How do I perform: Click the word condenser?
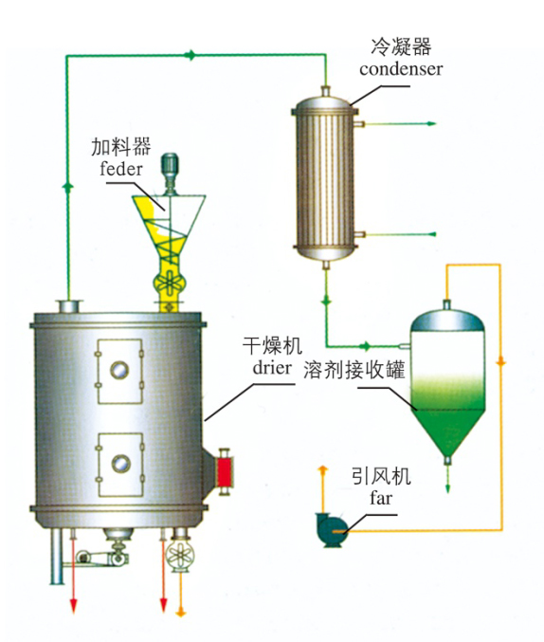[401, 69]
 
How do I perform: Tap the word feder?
[121, 169]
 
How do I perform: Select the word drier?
[272, 367]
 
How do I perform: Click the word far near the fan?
[381, 498]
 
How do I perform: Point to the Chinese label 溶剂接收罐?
[354, 370]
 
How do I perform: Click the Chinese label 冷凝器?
[401, 46]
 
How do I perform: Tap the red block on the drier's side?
[224, 471]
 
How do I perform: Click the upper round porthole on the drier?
[119, 370]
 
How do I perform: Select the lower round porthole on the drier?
[120, 464]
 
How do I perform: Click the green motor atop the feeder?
[170, 166]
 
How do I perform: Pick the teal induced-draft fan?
[331, 528]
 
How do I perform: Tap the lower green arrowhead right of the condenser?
[432, 234]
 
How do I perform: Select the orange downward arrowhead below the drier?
[180, 612]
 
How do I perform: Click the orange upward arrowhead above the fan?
[323, 468]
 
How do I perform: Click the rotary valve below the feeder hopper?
[169, 283]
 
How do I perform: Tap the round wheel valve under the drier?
[180, 556]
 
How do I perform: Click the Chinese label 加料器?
[121, 147]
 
